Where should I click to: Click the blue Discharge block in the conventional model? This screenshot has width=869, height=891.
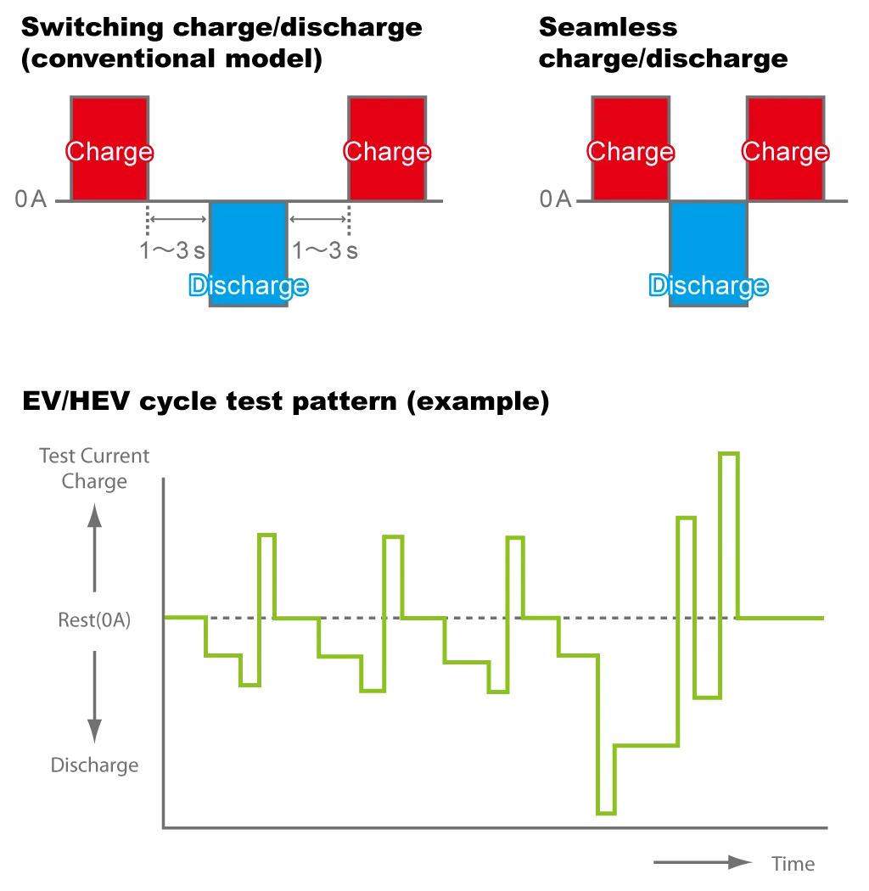[x=249, y=254]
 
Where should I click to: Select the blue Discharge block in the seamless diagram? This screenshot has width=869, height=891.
[x=708, y=254]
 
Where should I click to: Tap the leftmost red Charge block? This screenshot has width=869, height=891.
[x=109, y=148]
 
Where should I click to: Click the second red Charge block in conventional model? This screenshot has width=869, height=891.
[x=387, y=148]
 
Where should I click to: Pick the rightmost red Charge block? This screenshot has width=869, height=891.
[x=786, y=148]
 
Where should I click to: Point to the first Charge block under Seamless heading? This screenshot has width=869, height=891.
[x=631, y=148]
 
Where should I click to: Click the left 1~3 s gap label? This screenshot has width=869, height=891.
[x=172, y=250]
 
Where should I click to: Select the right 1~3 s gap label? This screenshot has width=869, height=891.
[x=324, y=250]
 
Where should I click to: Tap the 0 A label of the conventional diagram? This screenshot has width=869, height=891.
[x=31, y=199]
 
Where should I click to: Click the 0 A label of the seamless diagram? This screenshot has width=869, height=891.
[x=555, y=199]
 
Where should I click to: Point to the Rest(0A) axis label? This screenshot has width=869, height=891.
[x=94, y=619]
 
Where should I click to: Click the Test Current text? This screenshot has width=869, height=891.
[x=94, y=456]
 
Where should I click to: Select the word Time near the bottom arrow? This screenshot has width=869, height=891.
[x=793, y=864]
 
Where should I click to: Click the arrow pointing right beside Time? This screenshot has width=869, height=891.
[x=703, y=863]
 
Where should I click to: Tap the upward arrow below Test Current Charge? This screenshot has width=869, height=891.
[x=94, y=548]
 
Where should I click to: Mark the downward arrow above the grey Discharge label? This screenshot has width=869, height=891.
[x=94, y=697]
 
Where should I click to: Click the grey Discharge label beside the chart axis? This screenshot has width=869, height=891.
[x=94, y=765]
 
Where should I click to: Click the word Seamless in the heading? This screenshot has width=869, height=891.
[x=608, y=26]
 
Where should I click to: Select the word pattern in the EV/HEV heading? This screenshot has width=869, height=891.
[x=345, y=401]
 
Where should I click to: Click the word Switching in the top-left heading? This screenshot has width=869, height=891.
[x=93, y=28]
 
